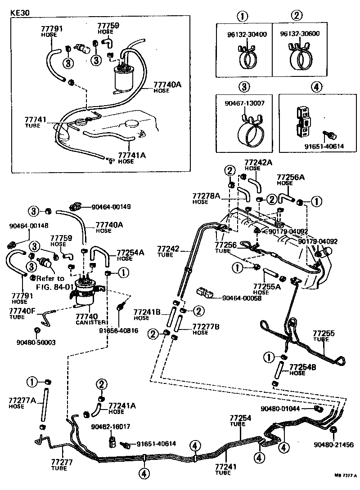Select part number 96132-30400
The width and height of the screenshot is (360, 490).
click(243, 34)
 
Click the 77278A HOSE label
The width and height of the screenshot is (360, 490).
click(206, 199)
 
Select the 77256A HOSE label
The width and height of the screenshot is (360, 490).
click(290, 179)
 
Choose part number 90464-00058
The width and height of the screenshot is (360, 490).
click(242, 298)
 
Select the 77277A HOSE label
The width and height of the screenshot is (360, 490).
click(22, 402)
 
